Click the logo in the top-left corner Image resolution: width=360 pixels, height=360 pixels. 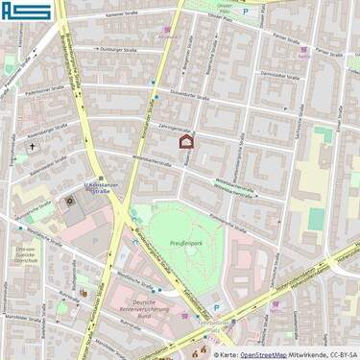(26, 12)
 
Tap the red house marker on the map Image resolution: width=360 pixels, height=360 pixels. (187, 142)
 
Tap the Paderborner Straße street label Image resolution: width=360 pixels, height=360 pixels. (45, 88)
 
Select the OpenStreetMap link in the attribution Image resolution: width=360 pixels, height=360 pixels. (262, 353)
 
